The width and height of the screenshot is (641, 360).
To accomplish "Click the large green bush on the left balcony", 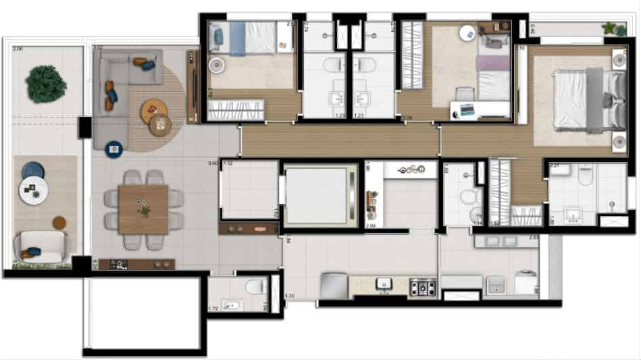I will click(46, 84).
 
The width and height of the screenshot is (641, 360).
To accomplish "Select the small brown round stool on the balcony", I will click(60, 222).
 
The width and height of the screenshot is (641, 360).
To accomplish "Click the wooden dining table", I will click(143, 210).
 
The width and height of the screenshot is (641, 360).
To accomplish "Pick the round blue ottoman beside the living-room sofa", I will click(114, 147).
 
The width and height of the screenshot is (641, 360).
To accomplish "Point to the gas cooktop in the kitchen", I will click(423, 286).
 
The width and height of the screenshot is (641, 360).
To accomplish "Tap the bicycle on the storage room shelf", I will click(411, 170).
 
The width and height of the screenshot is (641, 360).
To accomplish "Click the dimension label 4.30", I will click(290, 296).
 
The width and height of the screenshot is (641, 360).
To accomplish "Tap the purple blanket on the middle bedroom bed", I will click(493, 63).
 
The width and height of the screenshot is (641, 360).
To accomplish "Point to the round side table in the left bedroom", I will click(217, 66).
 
